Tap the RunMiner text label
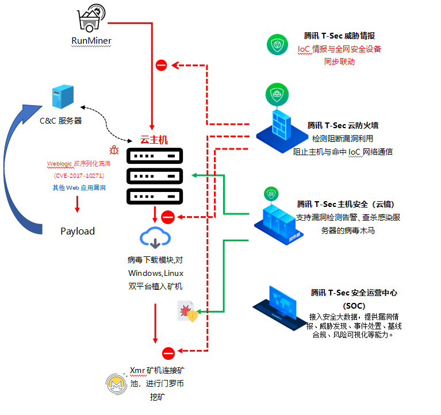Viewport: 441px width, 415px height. point(91,40)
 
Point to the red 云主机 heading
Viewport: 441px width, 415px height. point(154,140)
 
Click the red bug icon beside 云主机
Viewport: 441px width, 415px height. point(114,151)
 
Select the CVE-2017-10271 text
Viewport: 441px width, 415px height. point(78,175)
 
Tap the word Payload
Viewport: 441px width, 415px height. point(78,231)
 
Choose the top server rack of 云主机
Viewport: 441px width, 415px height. point(154,156)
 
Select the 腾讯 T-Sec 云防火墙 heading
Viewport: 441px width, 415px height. point(343,125)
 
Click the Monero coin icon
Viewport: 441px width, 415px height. point(116,383)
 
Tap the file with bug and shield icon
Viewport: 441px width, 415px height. point(188,311)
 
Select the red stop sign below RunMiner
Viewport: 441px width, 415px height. point(162,66)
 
